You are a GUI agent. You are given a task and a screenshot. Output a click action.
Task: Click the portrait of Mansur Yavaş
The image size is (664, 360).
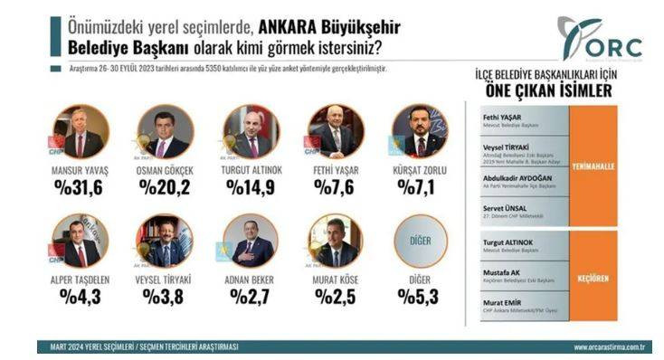(81, 133)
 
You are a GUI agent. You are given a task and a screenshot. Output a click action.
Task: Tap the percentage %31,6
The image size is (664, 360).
(81, 187)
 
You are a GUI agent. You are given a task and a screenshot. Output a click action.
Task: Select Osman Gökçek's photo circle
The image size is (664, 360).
(164, 133)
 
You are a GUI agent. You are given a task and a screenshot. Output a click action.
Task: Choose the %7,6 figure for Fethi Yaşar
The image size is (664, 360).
(336, 187)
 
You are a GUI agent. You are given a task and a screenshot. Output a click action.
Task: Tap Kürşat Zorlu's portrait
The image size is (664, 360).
(419, 133)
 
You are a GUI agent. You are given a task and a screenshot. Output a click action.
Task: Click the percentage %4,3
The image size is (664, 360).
(81, 295)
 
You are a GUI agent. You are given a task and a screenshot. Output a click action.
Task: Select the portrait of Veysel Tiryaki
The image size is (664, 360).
(164, 241)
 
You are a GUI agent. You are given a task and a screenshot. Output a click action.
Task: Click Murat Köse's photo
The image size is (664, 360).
(336, 241)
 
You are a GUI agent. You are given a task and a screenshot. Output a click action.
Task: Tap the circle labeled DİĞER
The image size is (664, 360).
(419, 241)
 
